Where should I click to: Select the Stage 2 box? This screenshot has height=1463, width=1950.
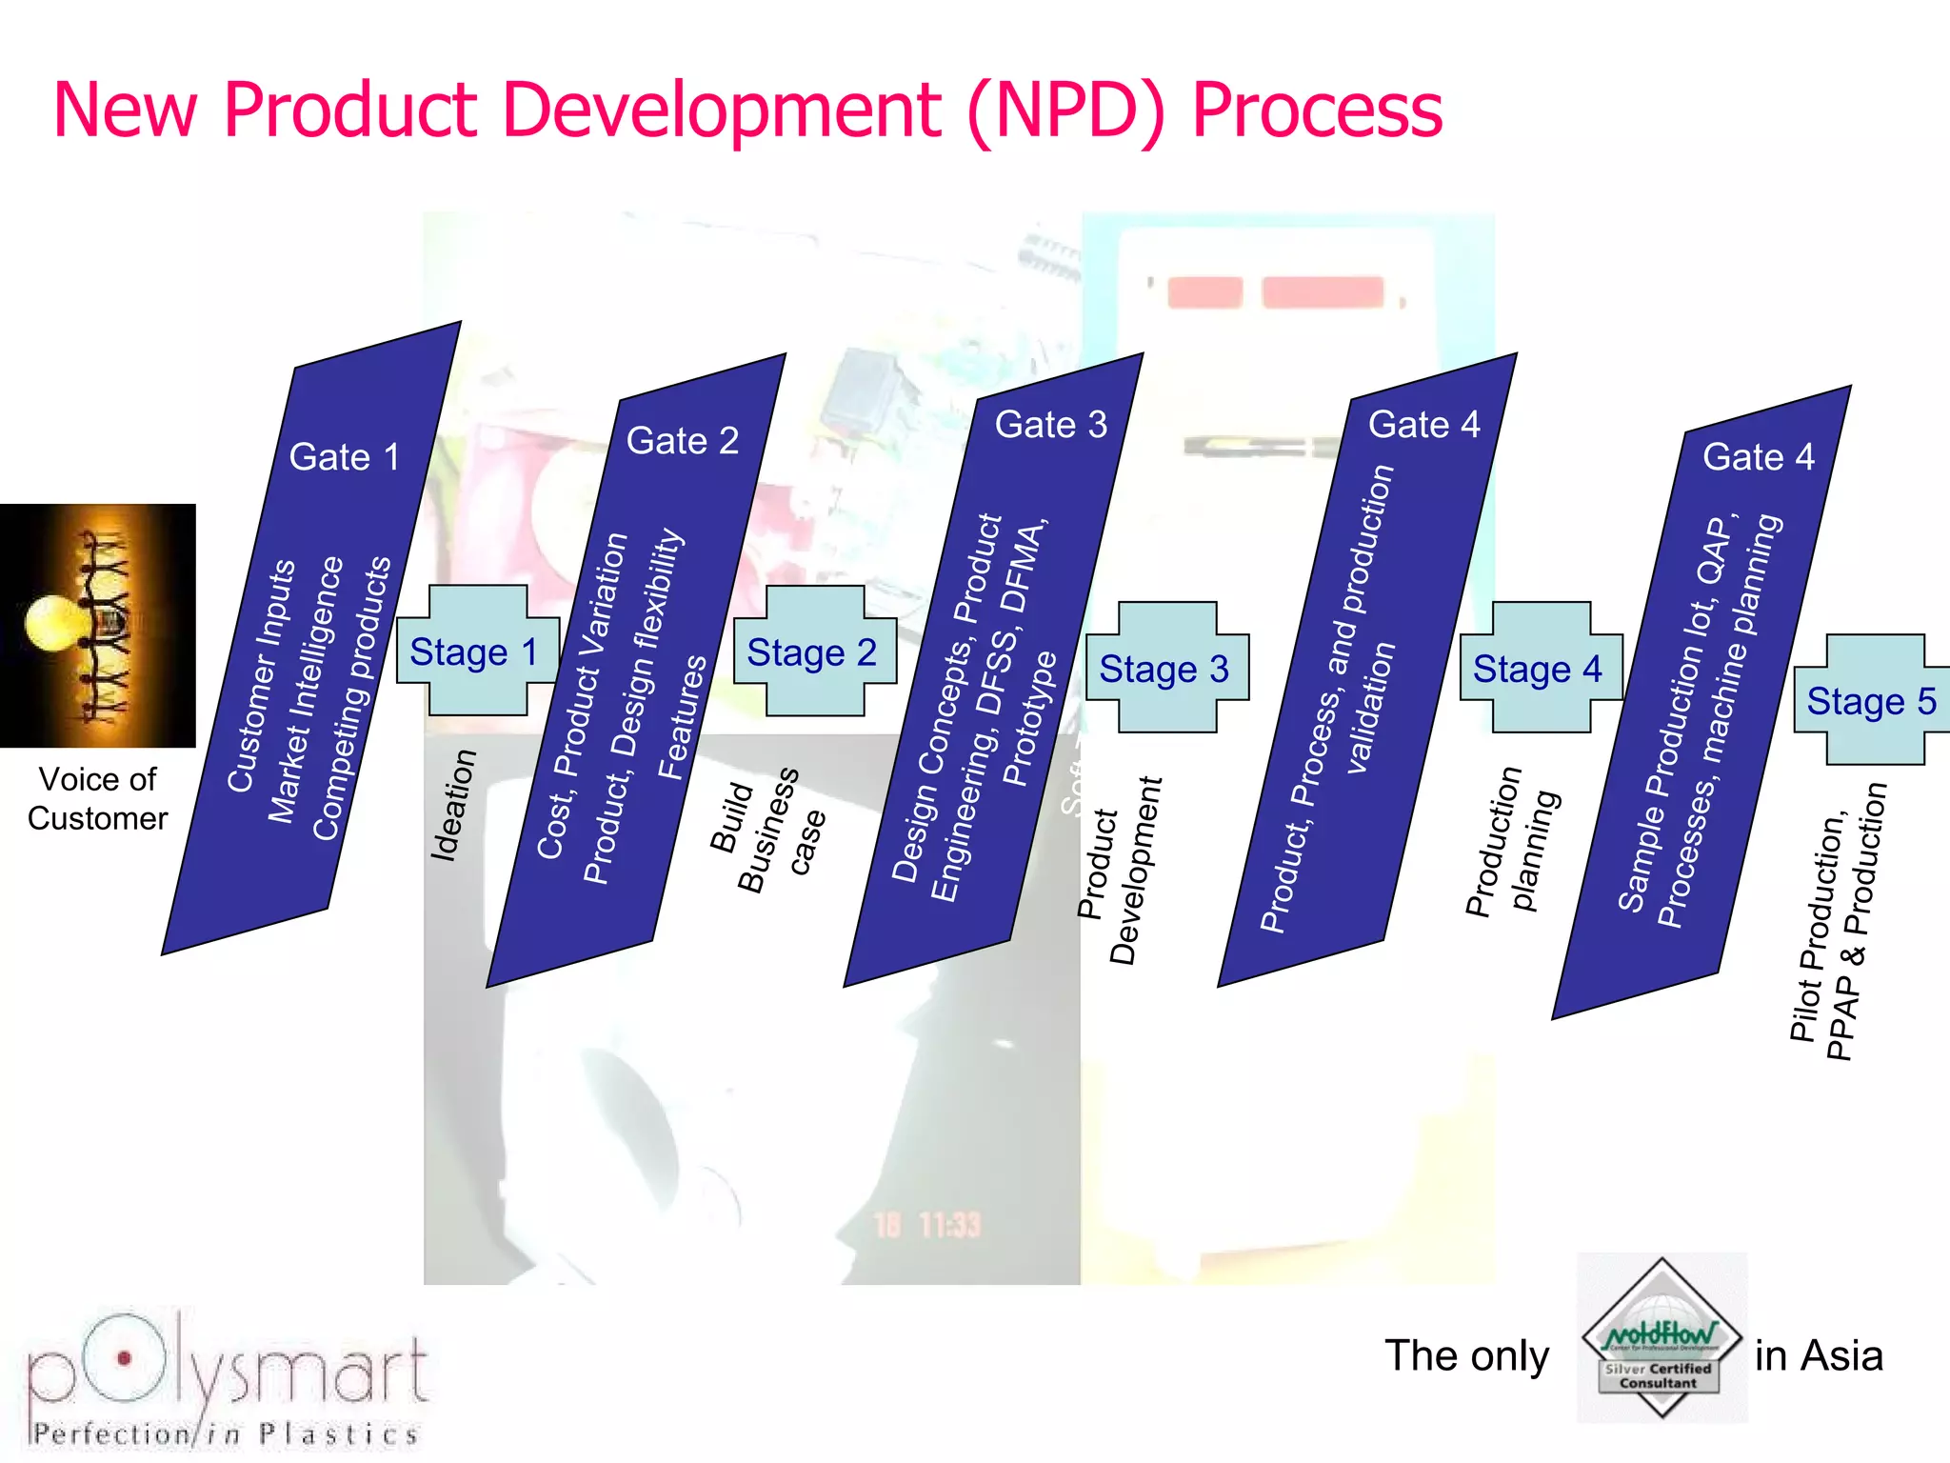tap(813, 652)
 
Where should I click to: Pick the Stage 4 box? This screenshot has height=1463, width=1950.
tap(1539, 668)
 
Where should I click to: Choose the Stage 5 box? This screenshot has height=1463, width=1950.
tap(1872, 701)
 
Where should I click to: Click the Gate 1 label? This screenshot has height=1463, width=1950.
tap(344, 457)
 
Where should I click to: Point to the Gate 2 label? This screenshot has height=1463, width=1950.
tap(682, 441)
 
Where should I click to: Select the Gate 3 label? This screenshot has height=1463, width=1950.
tap(1050, 425)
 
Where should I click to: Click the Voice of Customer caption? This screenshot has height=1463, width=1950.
tap(97, 799)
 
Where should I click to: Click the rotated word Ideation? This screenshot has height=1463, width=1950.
tap(453, 806)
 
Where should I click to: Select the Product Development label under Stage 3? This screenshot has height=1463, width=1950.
tap(1120, 871)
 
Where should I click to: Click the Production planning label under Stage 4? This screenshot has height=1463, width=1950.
tap(1512, 840)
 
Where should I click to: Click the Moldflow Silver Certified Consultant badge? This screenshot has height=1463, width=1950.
tap(1661, 1338)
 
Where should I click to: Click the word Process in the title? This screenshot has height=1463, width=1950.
tap(1317, 110)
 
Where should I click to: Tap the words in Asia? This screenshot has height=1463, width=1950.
tap(1819, 1355)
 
